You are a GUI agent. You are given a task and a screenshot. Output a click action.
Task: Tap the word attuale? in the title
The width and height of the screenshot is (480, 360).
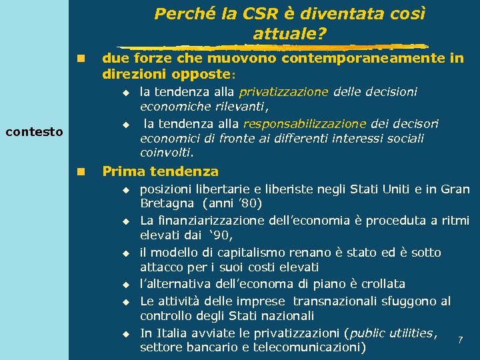290,32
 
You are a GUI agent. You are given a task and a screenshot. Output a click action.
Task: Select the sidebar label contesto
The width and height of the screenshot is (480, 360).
34,131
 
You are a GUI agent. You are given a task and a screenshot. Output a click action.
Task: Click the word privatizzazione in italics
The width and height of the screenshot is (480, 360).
283,92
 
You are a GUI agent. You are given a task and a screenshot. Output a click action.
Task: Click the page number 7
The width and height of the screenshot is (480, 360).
461,341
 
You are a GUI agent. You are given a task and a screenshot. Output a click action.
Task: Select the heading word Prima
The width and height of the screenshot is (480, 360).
123,171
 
